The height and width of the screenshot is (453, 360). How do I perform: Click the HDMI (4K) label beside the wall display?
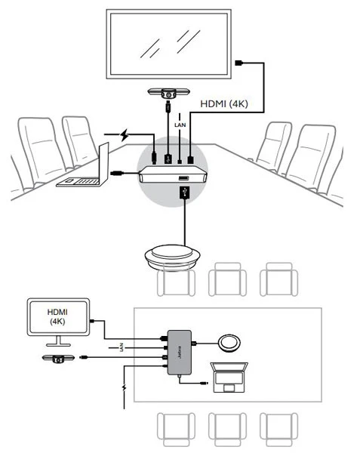(x=224, y=103)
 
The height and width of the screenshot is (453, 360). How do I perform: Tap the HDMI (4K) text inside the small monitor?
(x=57, y=316)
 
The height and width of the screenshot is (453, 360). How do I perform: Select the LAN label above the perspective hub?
(x=180, y=125)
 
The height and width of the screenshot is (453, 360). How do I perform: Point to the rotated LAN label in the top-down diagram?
(x=122, y=347)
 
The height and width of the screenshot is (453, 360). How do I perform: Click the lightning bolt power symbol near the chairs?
(x=125, y=134)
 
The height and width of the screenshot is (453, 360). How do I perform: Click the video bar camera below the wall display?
(x=168, y=93)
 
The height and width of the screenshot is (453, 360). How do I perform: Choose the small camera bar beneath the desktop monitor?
(x=58, y=359)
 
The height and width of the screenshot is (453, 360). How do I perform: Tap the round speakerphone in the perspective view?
(x=172, y=257)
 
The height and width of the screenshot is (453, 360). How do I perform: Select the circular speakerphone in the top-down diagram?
(x=229, y=343)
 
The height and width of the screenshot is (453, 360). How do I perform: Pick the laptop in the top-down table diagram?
(x=229, y=377)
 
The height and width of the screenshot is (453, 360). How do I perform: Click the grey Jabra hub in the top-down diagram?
(x=180, y=353)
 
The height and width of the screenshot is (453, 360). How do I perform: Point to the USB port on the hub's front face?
(x=183, y=178)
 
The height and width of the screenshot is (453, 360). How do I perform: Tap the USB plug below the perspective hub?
(x=184, y=193)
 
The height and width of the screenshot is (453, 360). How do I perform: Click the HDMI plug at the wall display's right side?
(x=239, y=63)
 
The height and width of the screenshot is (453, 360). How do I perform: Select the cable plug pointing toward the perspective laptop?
(x=117, y=174)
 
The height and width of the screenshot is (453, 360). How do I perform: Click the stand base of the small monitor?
(x=58, y=344)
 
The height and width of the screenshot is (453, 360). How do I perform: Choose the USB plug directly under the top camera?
(x=168, y=106)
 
